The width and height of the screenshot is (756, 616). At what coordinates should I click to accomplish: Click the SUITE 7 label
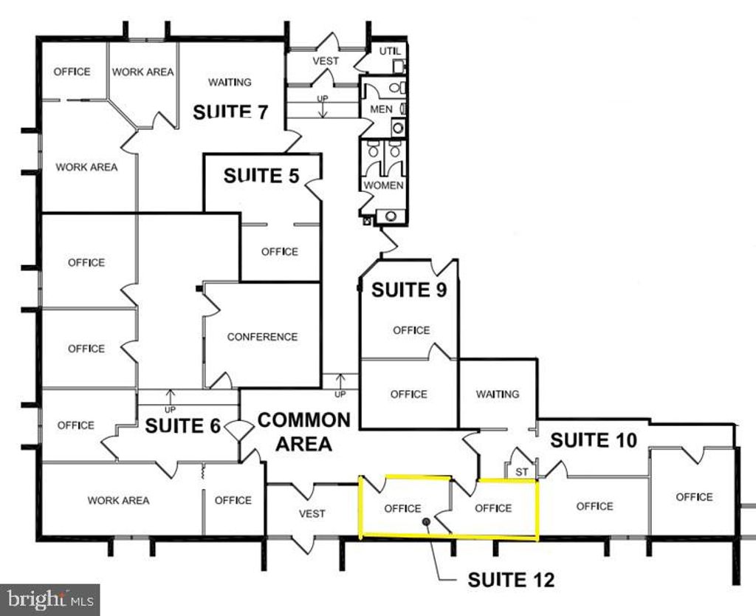pyautogui.click(x=230, y=112)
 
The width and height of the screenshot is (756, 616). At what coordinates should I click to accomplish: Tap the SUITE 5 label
pyautogui.click(x=262, y=176)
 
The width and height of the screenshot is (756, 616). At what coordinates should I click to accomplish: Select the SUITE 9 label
pyautogui.click(x=408, y=290)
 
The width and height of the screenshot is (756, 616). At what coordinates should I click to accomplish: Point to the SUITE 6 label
pyautogui.click(x=183, y=426)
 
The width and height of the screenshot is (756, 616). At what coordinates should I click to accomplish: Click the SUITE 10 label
pyautogui.click(x=594, y=440)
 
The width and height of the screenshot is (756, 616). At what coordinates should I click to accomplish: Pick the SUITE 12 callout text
pyautogui.click(x=511, y=581)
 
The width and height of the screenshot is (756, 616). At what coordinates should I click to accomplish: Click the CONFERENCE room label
pyautogui.click(x=262, y=337)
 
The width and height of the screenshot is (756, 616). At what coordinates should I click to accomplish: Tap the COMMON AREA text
pyautogui.click(x=303, y=432)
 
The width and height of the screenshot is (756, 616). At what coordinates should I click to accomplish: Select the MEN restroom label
pyautogui.click(x=381, y=109)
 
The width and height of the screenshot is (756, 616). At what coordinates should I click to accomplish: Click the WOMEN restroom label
pyautogui.click(x=383, y=185)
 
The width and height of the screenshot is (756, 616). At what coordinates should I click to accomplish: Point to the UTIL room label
pyautogui.click(x=389, y=51)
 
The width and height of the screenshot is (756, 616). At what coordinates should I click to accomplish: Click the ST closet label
pyautogui.click(x=522, y=470)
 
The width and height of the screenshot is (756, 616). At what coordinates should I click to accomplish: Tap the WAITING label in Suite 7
pyautogui.click(x=230, y=82)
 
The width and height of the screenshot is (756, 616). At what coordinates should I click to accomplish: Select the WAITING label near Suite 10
pyautogui.click(x=498, y=394)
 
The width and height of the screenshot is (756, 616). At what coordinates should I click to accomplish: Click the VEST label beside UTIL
pyautogui.click(x=325, y=61)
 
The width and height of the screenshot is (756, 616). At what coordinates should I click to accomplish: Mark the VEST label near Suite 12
pyautogui.click(x=312, y=513)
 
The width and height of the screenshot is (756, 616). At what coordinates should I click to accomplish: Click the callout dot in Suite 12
pyautogui.click(x=426, y=522)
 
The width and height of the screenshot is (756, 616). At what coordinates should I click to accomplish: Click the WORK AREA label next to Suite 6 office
pyautogui.click(x=118, y=500)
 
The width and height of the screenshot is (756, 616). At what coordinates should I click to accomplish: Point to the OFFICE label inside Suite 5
pyautogui.click(x=280, y=252)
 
